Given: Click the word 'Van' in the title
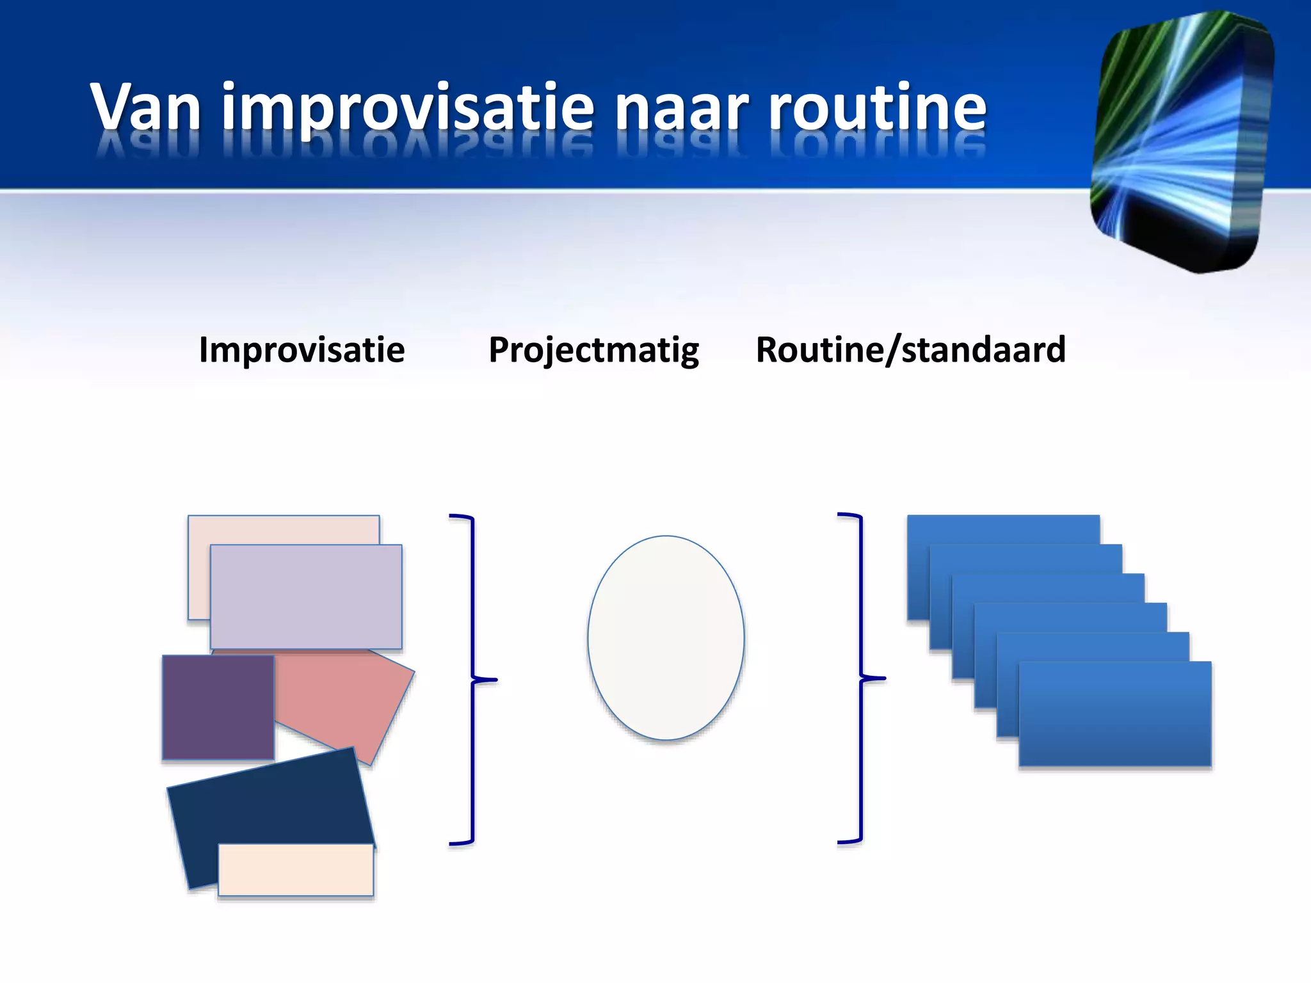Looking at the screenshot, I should [146, 107].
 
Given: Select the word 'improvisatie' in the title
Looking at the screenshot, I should [408, 107].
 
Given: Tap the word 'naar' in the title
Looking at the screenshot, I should [681, 107].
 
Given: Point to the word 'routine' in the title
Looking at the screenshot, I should [878, 107].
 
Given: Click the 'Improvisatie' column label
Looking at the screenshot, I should [302, 350].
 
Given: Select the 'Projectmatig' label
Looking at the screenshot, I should [593, 350].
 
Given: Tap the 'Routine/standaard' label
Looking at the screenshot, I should [910, 350].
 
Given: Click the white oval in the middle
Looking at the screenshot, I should [666, 637].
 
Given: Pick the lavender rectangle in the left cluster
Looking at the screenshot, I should [306, 596].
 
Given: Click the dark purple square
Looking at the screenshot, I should [218, 707].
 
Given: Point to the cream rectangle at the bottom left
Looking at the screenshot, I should [296, 870].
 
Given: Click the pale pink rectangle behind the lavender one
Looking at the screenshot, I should [282, 529].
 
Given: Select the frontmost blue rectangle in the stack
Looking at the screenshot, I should [1115, 714].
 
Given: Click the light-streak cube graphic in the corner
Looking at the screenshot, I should [1181, 141].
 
